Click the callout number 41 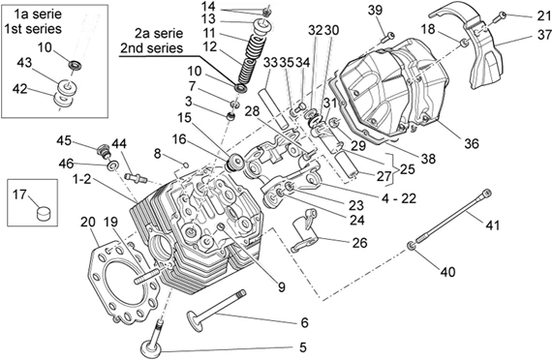pos(492,225)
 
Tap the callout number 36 pos(472,143)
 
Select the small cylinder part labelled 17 pos(44,213)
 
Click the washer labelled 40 pos(411,246)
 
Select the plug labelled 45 pos(104,150)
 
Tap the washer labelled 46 pos(113,165)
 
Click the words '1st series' pos(33,28)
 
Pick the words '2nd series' pos(152,47)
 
